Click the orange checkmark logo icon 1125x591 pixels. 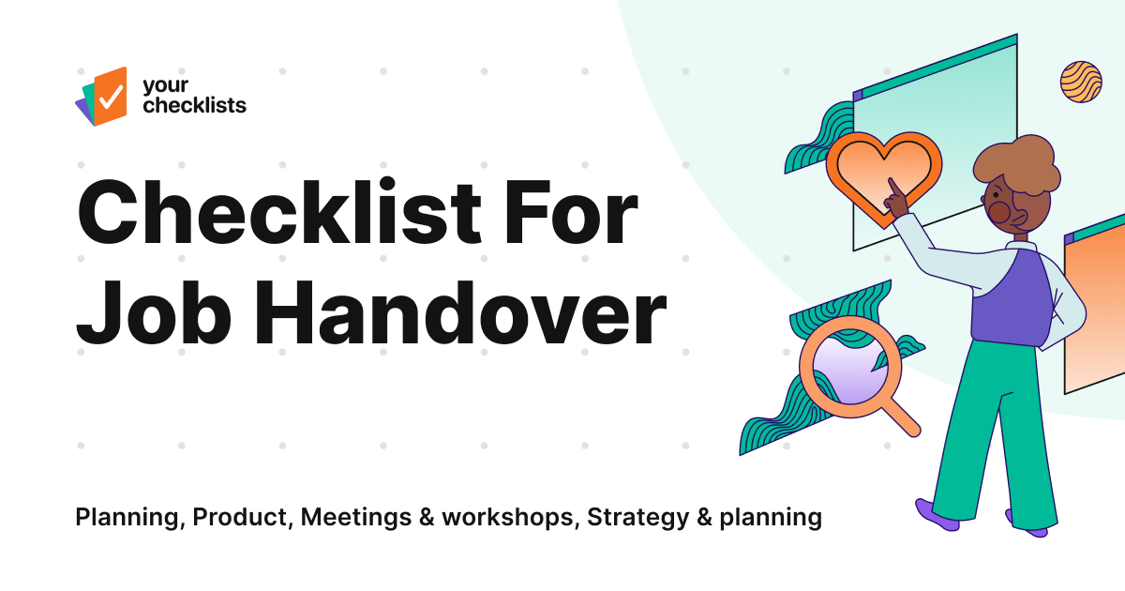[x=109, y=95]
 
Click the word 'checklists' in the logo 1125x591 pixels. [x=194, y=105]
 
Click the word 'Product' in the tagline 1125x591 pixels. [x=243, y=517]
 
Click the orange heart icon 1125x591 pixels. [x=882, y=169]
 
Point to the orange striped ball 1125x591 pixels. [x=1080, y=82]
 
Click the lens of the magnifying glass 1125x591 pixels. [x=842, y=369]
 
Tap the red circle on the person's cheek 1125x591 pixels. [x=1000, y=213]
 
